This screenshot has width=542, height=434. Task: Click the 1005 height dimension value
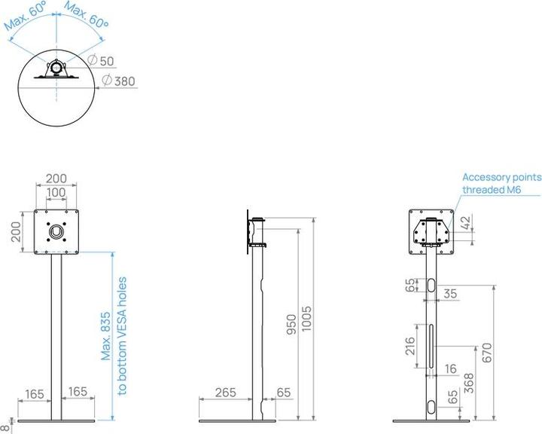306,319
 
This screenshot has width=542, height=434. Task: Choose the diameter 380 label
124,81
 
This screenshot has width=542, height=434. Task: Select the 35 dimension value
450,294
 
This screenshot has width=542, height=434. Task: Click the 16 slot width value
450,368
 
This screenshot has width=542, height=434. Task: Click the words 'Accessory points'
501,176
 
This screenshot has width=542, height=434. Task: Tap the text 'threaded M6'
492,191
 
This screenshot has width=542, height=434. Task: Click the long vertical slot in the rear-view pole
430,347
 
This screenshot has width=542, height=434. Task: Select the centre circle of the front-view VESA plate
56,229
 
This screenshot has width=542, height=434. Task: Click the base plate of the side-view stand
236,420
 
